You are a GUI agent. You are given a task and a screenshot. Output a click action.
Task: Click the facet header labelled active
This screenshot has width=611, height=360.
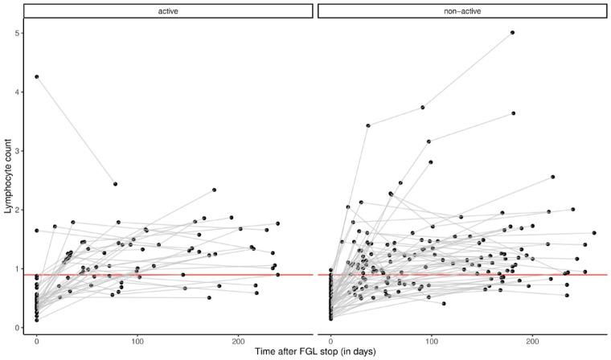(168, 11)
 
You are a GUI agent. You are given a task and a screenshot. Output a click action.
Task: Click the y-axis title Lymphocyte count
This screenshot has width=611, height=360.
(9, 180)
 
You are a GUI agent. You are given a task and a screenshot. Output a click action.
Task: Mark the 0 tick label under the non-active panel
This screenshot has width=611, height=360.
(331, 340)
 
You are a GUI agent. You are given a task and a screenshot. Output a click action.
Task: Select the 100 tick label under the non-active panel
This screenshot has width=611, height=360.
(432, 340)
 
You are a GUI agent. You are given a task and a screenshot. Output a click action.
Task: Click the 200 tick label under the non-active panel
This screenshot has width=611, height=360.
(532, 340)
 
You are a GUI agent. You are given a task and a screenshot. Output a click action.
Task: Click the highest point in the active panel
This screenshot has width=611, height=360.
(37, 77)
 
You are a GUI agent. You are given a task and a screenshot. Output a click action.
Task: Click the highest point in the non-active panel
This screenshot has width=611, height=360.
(512, 33)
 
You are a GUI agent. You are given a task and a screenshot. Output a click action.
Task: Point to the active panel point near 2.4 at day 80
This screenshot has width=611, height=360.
(116, 184)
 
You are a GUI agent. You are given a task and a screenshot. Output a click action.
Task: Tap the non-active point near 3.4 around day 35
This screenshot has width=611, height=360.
(367, 125)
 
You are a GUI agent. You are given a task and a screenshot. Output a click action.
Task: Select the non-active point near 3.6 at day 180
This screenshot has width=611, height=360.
(513, 113)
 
